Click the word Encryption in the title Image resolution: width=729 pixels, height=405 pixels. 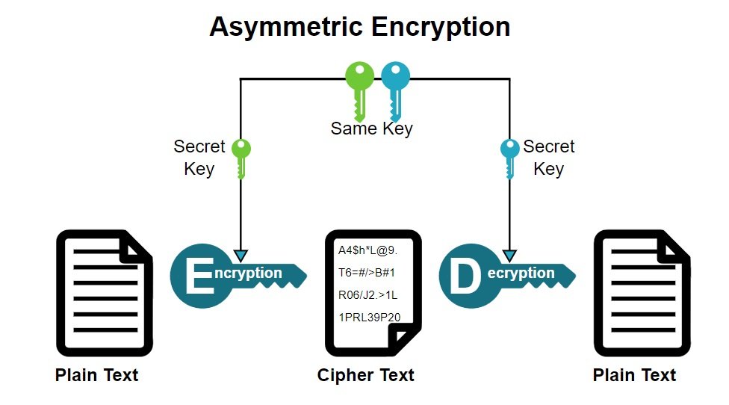[x=439, y=27]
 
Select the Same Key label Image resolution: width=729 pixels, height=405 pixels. [x=371, y=129]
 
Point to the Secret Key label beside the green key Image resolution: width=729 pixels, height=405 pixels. [x=199, y=158]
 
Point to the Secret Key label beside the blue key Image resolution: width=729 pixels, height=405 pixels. [x=548, y=158]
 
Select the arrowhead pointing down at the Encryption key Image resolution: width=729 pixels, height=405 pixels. [x=241, y=255]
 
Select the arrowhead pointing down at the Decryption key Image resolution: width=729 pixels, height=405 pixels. [x=509, y=255]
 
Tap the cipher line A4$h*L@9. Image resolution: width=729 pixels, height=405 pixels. [x=367, y=250]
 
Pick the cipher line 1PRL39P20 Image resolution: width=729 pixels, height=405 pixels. [x=369, y=318]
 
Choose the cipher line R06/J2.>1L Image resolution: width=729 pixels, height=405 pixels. [x=368, y=295]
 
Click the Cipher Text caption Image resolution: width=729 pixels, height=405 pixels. [x=365, y=375]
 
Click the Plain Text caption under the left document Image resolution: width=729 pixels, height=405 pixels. [x=96, y=375]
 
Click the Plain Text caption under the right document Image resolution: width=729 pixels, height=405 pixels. [x=634, y=375]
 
